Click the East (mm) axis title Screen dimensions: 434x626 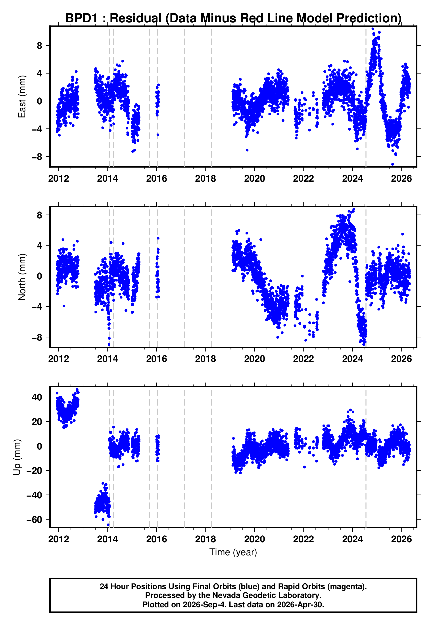tap(22, 97)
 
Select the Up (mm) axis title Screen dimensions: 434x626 tap(17, 457)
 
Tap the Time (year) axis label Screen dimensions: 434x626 tap(233, 552)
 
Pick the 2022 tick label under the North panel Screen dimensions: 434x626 tap(303, 359)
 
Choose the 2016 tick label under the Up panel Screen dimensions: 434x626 tap(156, 539)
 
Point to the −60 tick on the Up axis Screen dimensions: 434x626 tap(34, 519)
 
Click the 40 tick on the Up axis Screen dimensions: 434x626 tap(37, 397)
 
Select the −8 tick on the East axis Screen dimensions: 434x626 tap(37, 157)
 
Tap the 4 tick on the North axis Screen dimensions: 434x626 tap(40, 245)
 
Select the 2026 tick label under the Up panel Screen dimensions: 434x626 tap(401, 539)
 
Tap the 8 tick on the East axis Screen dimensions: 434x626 tap(40, 46)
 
